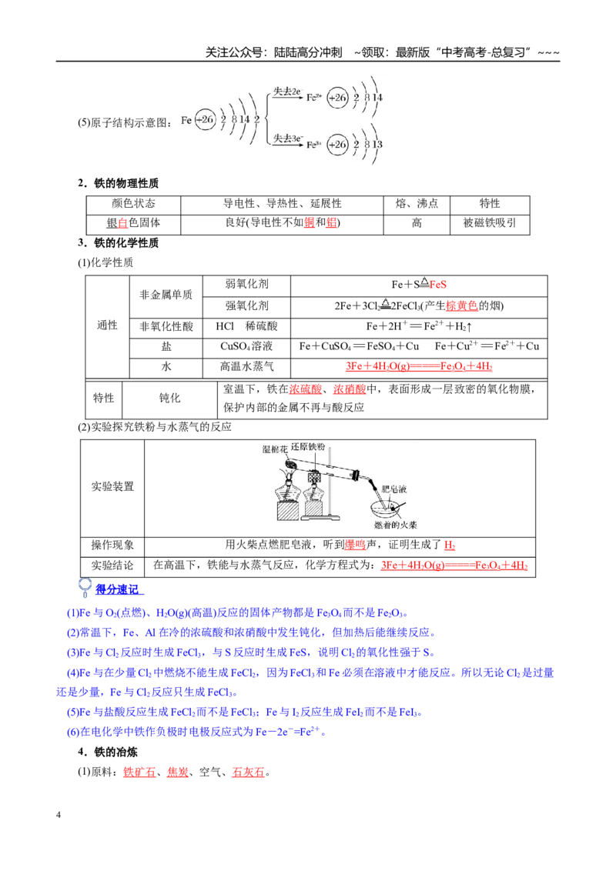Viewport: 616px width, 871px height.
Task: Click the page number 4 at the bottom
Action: (x=59, y=815)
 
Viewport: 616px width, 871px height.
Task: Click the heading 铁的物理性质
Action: (x=126, y=183)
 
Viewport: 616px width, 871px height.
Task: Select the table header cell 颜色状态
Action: (x=133, y=204)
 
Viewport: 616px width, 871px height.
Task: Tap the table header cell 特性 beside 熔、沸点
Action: (x=490, y=204)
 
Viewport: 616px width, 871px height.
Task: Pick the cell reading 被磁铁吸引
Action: (x=490, y=223)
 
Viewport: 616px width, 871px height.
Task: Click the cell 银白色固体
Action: (x=133, y=223)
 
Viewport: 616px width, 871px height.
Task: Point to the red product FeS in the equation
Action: (x=437, y=285)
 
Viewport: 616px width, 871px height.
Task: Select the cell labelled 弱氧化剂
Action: (x=246, y=285)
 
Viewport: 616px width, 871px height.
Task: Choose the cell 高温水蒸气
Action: (x=246, y=366)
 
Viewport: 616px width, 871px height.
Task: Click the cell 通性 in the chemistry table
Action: (x=107, y=325)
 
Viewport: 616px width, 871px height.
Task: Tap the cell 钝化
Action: (x=169, y=399)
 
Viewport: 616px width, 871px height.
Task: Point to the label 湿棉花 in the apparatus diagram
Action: (x=275, y=449)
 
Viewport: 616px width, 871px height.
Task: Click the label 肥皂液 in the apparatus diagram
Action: (x=394, y=489)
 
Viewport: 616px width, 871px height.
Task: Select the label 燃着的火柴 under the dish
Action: (x=395, y=525)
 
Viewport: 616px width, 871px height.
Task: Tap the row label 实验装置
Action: (x=113, y=486)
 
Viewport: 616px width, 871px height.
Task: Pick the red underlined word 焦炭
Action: (x=178, y=772)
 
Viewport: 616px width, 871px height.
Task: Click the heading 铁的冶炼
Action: (x=115, y=753)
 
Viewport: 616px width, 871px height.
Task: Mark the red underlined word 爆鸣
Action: (x=355, y=546)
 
